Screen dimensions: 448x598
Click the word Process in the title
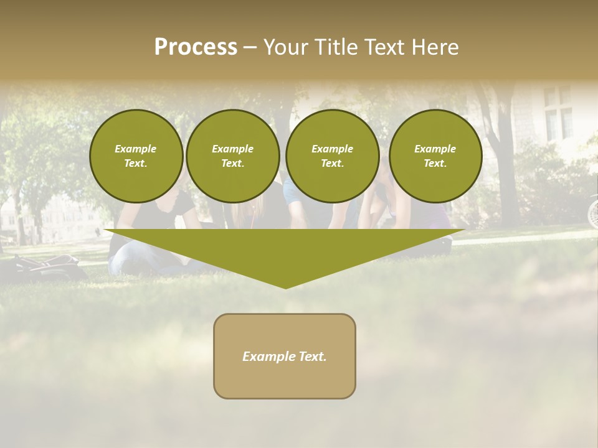tap(196, 47)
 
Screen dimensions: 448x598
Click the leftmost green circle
tap(136, 156)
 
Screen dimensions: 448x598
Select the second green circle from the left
tap(233, 156)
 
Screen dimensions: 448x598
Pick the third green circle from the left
tap(333, 156)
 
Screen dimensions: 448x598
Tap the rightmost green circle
tap(435, 156)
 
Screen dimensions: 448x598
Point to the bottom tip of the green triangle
tap(286, 287)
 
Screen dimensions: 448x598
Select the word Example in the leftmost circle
tap(136, 149)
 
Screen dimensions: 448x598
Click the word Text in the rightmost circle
tap(435, 164)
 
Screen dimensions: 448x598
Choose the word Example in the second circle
tap(233, 149)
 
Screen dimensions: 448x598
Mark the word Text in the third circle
tap(333, 164)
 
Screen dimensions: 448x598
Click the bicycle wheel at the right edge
tap(593, 212)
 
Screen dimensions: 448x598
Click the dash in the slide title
tap(250, 47)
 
